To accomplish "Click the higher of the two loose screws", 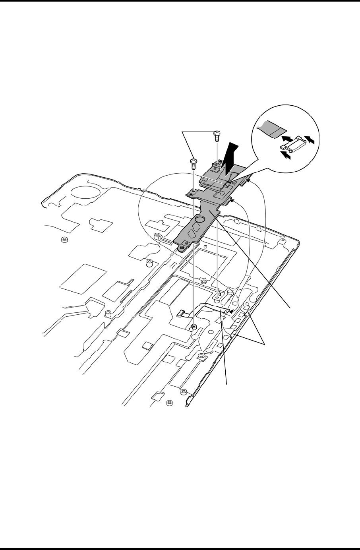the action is (217, 135).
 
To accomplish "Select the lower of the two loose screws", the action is (194, 163).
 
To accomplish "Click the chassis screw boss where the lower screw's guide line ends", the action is (194, 327).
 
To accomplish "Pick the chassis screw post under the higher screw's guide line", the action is (217, 295).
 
